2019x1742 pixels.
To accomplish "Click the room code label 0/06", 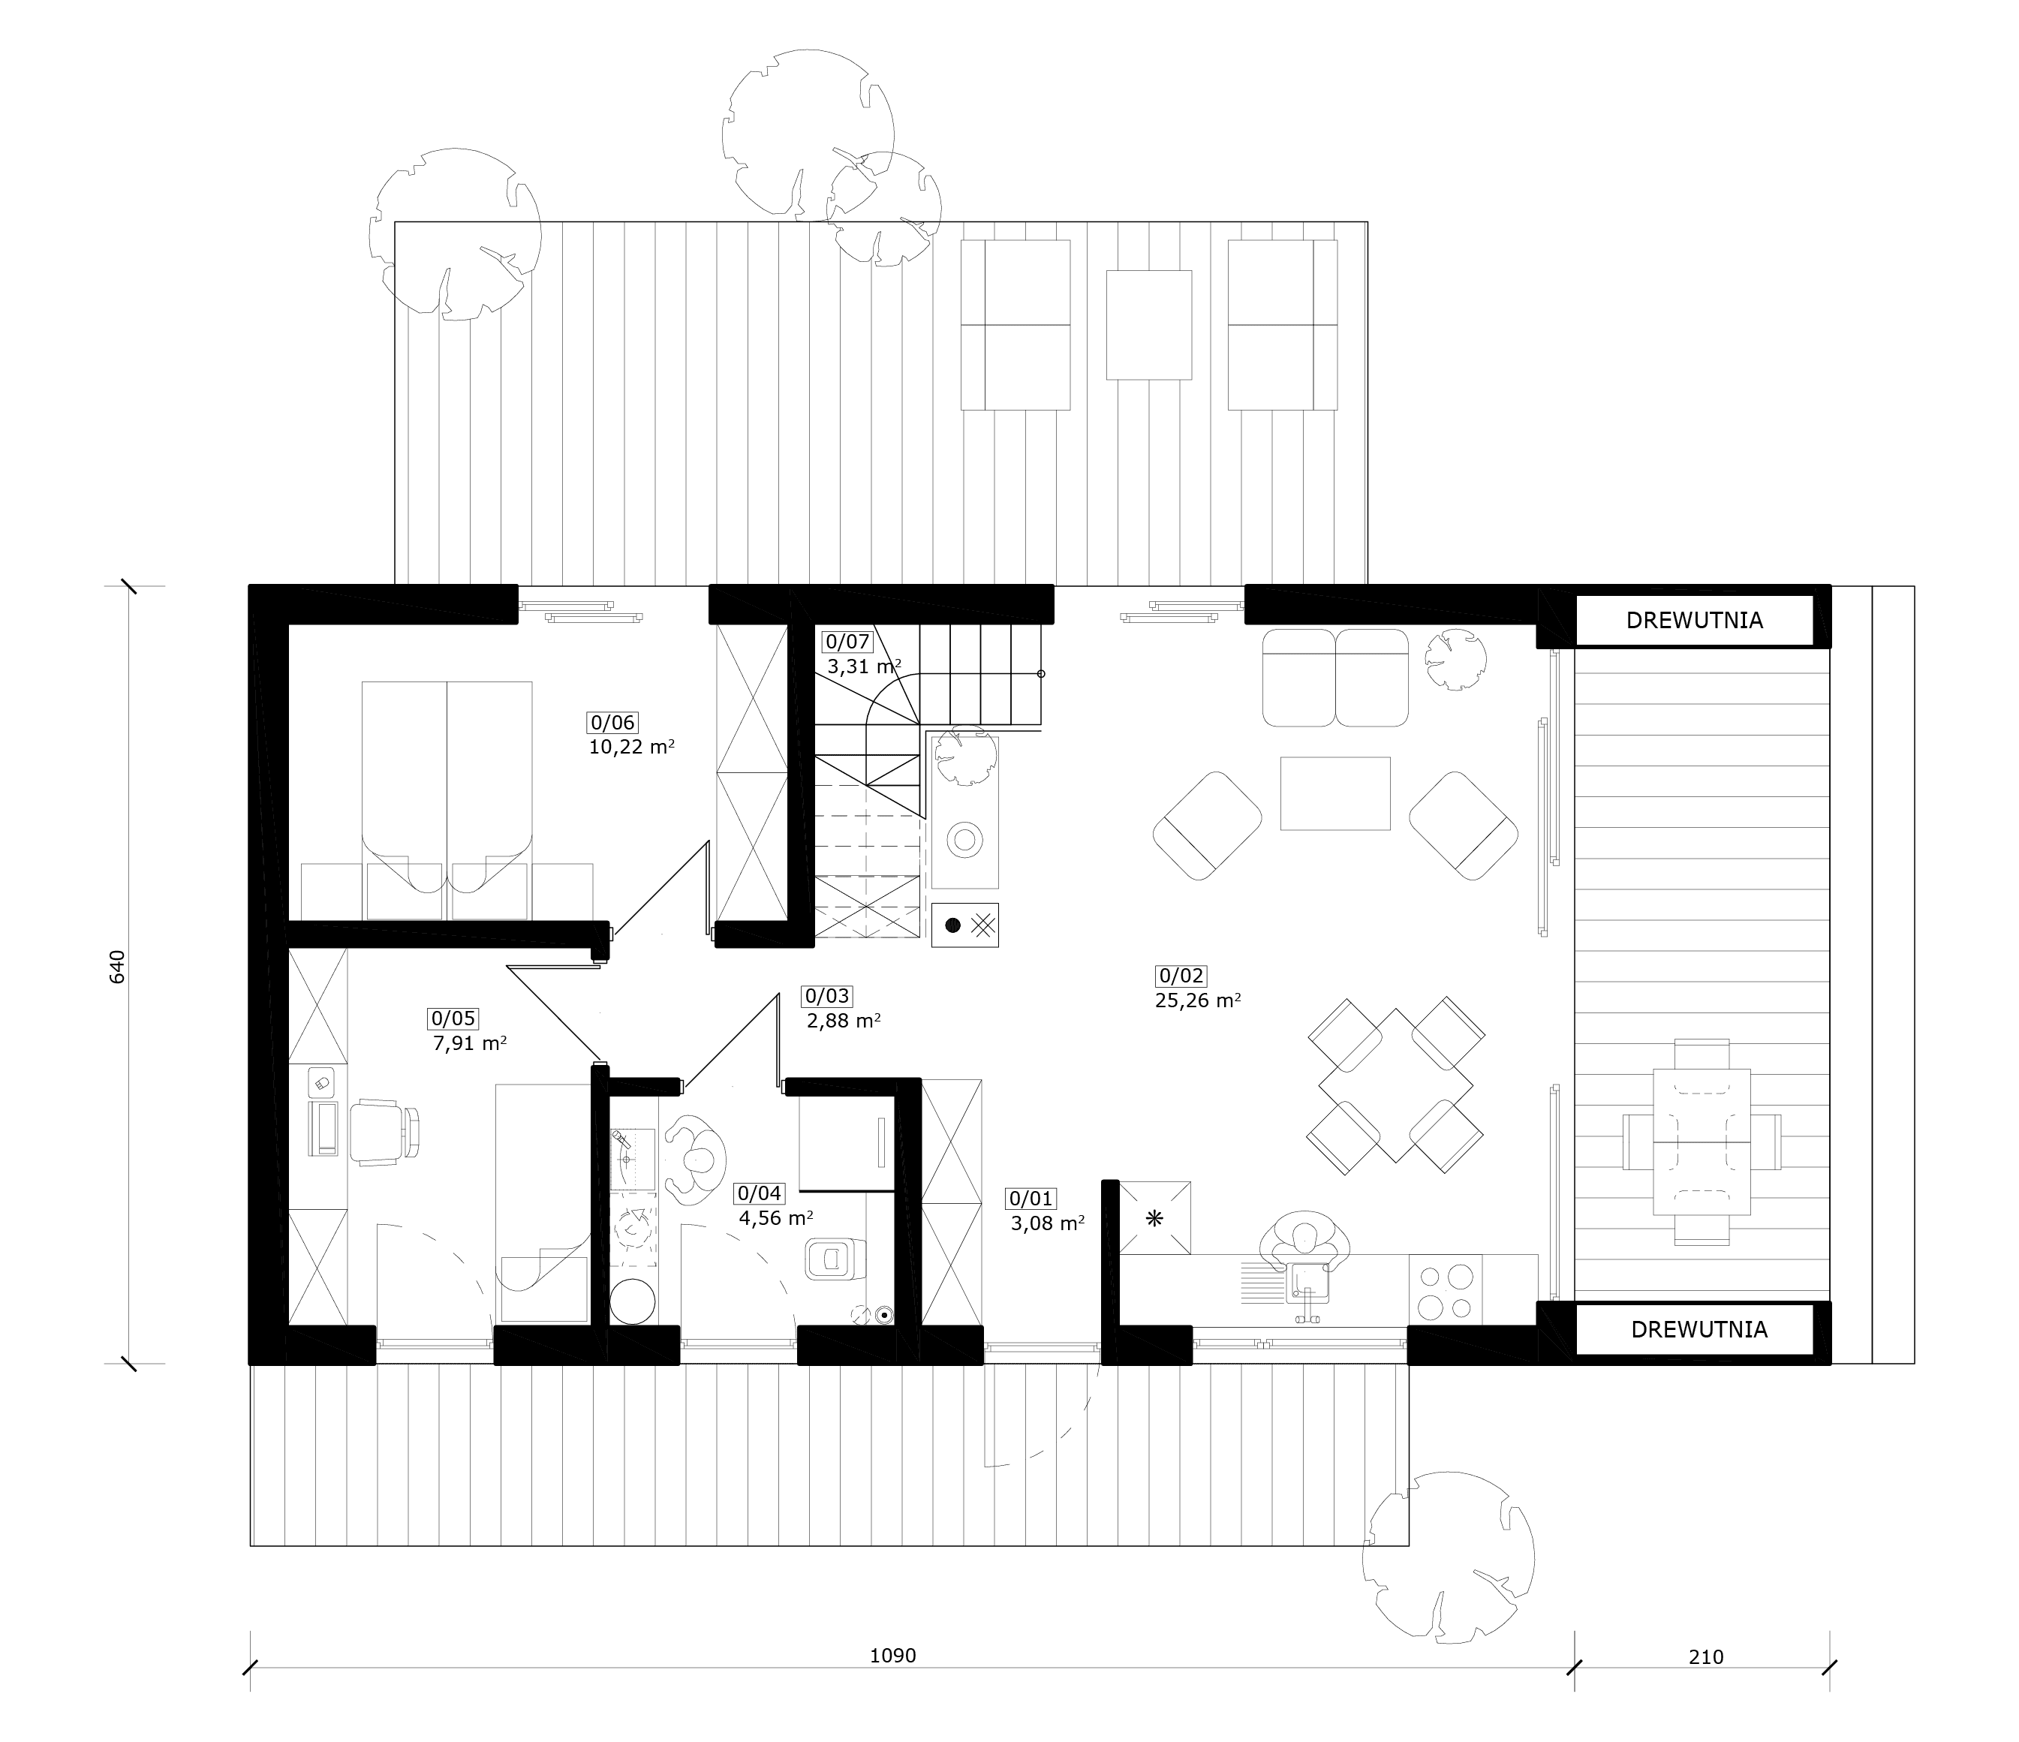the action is [x=612, y=722].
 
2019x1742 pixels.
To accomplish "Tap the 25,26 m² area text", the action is [x=1198, y=1000].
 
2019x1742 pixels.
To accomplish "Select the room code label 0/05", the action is [x=453, y=1019].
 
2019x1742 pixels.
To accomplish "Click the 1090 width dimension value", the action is [x=892, y=1655].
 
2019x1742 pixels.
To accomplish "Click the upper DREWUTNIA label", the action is [x=1695, y=621].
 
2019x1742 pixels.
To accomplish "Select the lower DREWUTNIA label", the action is [x=1699, y=1329].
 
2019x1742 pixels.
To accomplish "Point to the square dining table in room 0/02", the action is [x=1395, y=1085].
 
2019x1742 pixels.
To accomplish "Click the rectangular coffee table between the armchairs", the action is [x=1335, y=793].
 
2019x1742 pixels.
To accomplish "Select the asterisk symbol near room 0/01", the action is [x=1154, y=1218].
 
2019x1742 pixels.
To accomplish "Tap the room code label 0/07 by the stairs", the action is [x=847, y=641].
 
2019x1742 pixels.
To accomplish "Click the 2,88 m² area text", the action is [x=844, y=1020].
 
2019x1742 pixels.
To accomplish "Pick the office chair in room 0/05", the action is [x=385, y=1131].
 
